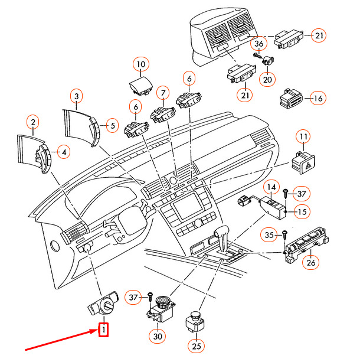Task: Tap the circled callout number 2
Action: (33, 123)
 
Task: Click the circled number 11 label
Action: (303, 138)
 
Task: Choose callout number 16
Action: (317, 99)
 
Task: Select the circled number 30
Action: (157, 336)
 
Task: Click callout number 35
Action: (269, 235)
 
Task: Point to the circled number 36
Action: (258, 44)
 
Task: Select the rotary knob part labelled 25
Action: (195, 321)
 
